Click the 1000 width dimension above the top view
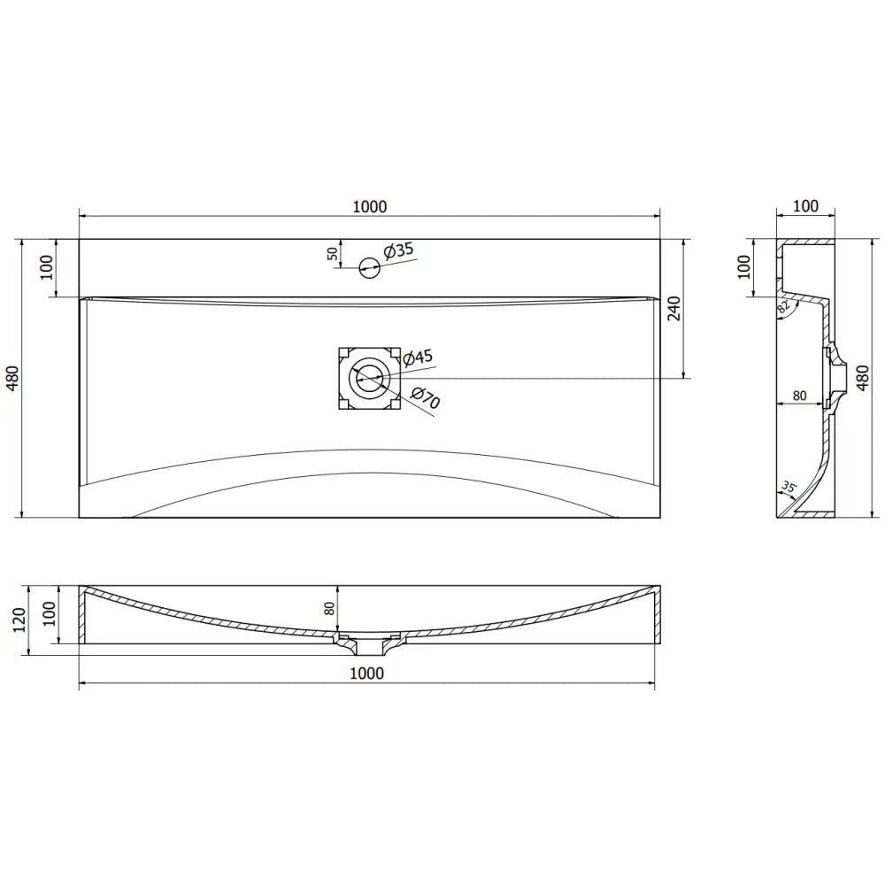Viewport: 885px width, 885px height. coord(370,206)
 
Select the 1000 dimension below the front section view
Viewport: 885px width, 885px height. coord(366,673)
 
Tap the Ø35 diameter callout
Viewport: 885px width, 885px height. coord(399,250)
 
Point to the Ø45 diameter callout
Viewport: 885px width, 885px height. coord(417,358)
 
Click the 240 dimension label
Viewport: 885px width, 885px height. coord(674,308)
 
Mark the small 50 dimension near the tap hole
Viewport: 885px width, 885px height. coord(333,253)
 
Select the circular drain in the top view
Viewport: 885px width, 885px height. coord(368,378)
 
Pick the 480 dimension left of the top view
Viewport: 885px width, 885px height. coord(12,379)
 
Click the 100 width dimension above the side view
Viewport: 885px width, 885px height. coord(804,206)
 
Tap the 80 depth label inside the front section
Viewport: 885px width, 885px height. coord(330,609)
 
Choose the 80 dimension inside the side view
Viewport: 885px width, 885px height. coord(798,396)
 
